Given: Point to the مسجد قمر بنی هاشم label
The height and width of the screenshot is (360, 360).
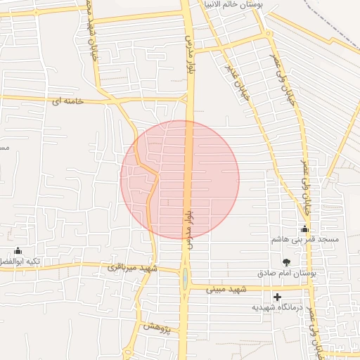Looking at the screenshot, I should pos(305,240).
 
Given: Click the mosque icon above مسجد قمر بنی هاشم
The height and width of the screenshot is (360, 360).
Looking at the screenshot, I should pos(304,229).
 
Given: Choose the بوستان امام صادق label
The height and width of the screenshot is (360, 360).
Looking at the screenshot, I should pos(286,272).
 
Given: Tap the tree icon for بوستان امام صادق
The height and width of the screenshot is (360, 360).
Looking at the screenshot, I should pos(285,262).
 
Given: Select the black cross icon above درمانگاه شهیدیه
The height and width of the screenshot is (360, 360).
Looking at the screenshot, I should pos(278,297).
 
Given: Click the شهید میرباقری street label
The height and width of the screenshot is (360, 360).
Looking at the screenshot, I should pos(134,268).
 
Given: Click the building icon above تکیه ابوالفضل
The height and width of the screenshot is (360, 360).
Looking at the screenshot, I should pos(18,251).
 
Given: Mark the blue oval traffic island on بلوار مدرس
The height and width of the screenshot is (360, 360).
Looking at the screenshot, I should pos(185,280).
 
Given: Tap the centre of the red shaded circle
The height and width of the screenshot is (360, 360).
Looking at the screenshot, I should pos(180,180).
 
